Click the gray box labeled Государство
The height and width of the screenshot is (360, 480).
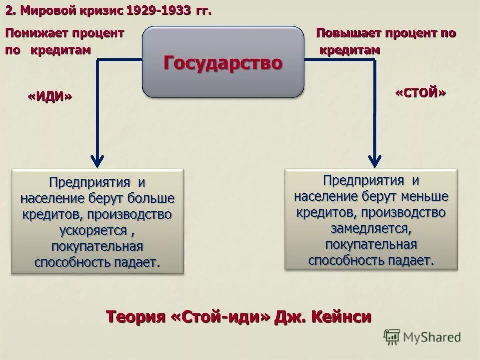click(x=223, y=62)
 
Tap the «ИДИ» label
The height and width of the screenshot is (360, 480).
click(x=49, y=97)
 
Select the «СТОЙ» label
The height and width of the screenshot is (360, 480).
click(x=420, y=93)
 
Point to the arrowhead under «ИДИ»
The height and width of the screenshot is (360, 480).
click(x=97, y=160)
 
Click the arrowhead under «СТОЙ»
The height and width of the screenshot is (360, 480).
click(x=375, y=160)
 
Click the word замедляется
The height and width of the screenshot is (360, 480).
click(x=370, y=229)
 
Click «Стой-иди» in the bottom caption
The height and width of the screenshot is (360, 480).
click(x=222, y=317)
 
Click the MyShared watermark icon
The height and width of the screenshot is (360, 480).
click(x=392, y=336)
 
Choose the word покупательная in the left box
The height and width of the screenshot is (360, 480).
click(x=97, y=247)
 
